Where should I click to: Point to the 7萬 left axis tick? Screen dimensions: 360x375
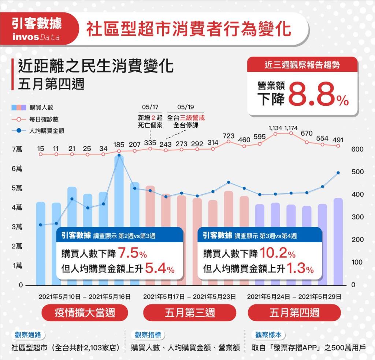tap(17, 149)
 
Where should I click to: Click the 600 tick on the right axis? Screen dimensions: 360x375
tap(357, 149)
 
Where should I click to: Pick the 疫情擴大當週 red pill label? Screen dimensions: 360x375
tap(85, 312)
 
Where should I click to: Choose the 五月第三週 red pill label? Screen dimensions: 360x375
tap(190, 312)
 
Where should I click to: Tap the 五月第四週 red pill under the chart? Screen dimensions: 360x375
tap(294, 312)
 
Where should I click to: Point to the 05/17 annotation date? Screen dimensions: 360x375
tap(150, 107)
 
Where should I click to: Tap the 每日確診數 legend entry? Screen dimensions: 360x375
tap(47, 119)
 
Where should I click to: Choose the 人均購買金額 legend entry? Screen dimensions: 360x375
tap(47, 130)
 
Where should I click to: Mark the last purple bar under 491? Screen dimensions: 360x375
tap(338, 241)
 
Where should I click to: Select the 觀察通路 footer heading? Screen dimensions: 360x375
tap(28, 334)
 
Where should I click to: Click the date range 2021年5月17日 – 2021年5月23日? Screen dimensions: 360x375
tap(189, 296)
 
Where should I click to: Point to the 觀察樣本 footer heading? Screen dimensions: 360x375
tap(270, 334)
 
